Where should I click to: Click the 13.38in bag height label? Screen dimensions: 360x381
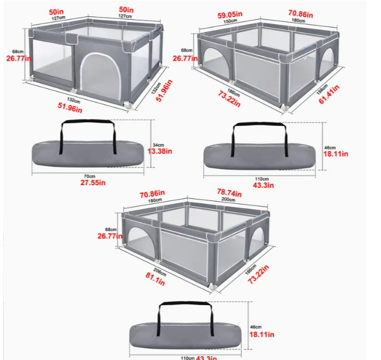[161, 151]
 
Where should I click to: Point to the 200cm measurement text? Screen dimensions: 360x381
[226, 200]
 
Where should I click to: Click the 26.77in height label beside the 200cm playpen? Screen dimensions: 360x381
[108, 236]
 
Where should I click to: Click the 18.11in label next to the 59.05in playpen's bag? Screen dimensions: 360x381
[335, 154]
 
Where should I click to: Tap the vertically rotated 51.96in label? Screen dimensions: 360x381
[161, 89]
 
